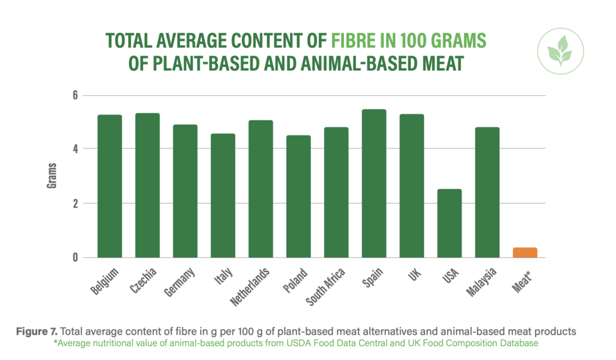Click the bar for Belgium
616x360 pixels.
[110, 186]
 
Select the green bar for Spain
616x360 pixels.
[374, 184]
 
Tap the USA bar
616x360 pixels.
[449, 223]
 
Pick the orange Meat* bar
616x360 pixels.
[525, 252]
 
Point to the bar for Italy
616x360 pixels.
[223, 196]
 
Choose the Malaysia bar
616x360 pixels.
[487, 192]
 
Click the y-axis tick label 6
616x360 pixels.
[75, 95]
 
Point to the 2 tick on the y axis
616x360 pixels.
[75, 203]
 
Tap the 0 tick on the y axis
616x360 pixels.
[75, 258]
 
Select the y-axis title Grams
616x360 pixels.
[52, 176]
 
